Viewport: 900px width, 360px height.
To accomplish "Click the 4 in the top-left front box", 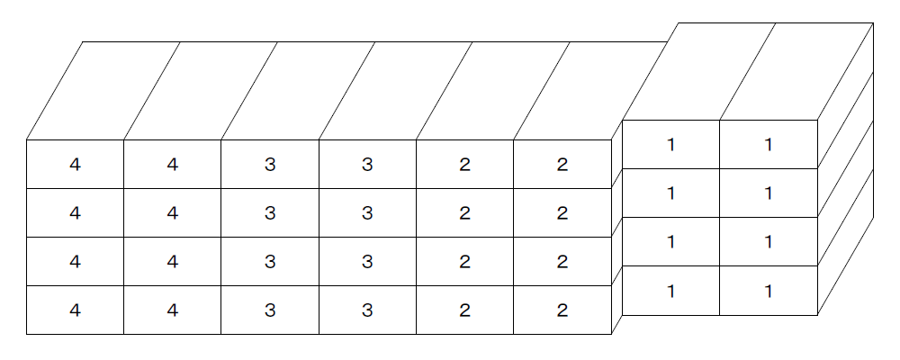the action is click(76, 165).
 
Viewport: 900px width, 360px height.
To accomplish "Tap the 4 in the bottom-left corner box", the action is click(76, 310).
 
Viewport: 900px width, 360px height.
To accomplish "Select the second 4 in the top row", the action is click(173, 165).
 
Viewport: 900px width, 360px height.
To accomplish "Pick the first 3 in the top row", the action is click(270, 165).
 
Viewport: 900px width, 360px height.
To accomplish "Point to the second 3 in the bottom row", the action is click(367, 310).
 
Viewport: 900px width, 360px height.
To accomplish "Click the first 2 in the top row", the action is click(465, 165).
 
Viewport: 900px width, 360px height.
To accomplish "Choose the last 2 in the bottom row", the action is click(562, 310).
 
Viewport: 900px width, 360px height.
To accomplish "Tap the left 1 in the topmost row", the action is click(671, 145).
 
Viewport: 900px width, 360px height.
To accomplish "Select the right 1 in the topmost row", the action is click(769, 145).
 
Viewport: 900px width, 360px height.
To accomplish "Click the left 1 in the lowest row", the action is click(671, 292).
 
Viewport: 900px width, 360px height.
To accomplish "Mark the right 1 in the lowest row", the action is click(769, 292).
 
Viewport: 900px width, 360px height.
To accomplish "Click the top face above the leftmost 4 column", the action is click(103, 91).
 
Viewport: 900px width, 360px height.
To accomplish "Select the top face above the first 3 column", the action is click(299, 91).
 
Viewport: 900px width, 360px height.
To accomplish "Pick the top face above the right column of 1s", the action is click(796, 72).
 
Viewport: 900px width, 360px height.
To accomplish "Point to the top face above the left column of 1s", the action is click(699, 72).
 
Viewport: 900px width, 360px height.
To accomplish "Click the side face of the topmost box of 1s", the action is click(845, 96).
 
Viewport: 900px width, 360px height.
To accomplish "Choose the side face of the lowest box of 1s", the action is click(845, 242).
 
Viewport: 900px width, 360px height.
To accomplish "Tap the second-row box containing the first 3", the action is click(270, 213).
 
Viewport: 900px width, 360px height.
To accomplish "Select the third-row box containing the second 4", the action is click(173, 261).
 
